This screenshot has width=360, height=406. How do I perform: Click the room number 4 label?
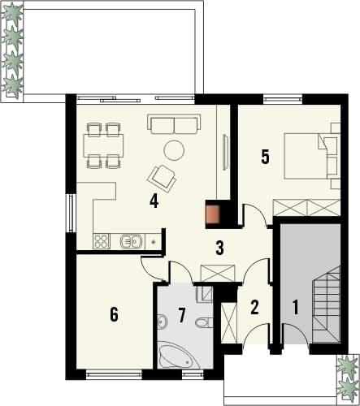tap(154, 201)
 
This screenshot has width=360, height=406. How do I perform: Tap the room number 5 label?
tap(265, 157)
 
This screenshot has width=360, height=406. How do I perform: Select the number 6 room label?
tap(115, 314)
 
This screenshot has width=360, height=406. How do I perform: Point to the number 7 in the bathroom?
tap(181, 315)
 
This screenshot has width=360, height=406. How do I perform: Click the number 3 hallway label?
tap(219, 248)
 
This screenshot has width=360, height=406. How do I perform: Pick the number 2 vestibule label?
tap(254, 307)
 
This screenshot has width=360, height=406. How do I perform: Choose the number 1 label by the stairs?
tap(296, 307)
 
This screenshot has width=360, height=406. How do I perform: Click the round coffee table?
tap(174, 150)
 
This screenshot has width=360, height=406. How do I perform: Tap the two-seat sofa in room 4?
tap(174, 124)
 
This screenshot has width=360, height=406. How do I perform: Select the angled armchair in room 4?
tap(162, 179)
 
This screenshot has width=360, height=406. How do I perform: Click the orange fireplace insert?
tap(212, 214)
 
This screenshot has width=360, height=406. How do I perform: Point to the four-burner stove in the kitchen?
tap(101, 241)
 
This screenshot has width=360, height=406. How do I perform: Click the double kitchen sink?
tap(131, 241)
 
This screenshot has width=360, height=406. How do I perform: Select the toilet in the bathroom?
tap(204, 322)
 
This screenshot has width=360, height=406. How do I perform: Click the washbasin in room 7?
tap(163, 322)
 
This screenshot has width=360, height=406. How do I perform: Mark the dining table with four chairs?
tap(104, 145)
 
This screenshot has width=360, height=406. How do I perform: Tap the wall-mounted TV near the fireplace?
tap(225, 152)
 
